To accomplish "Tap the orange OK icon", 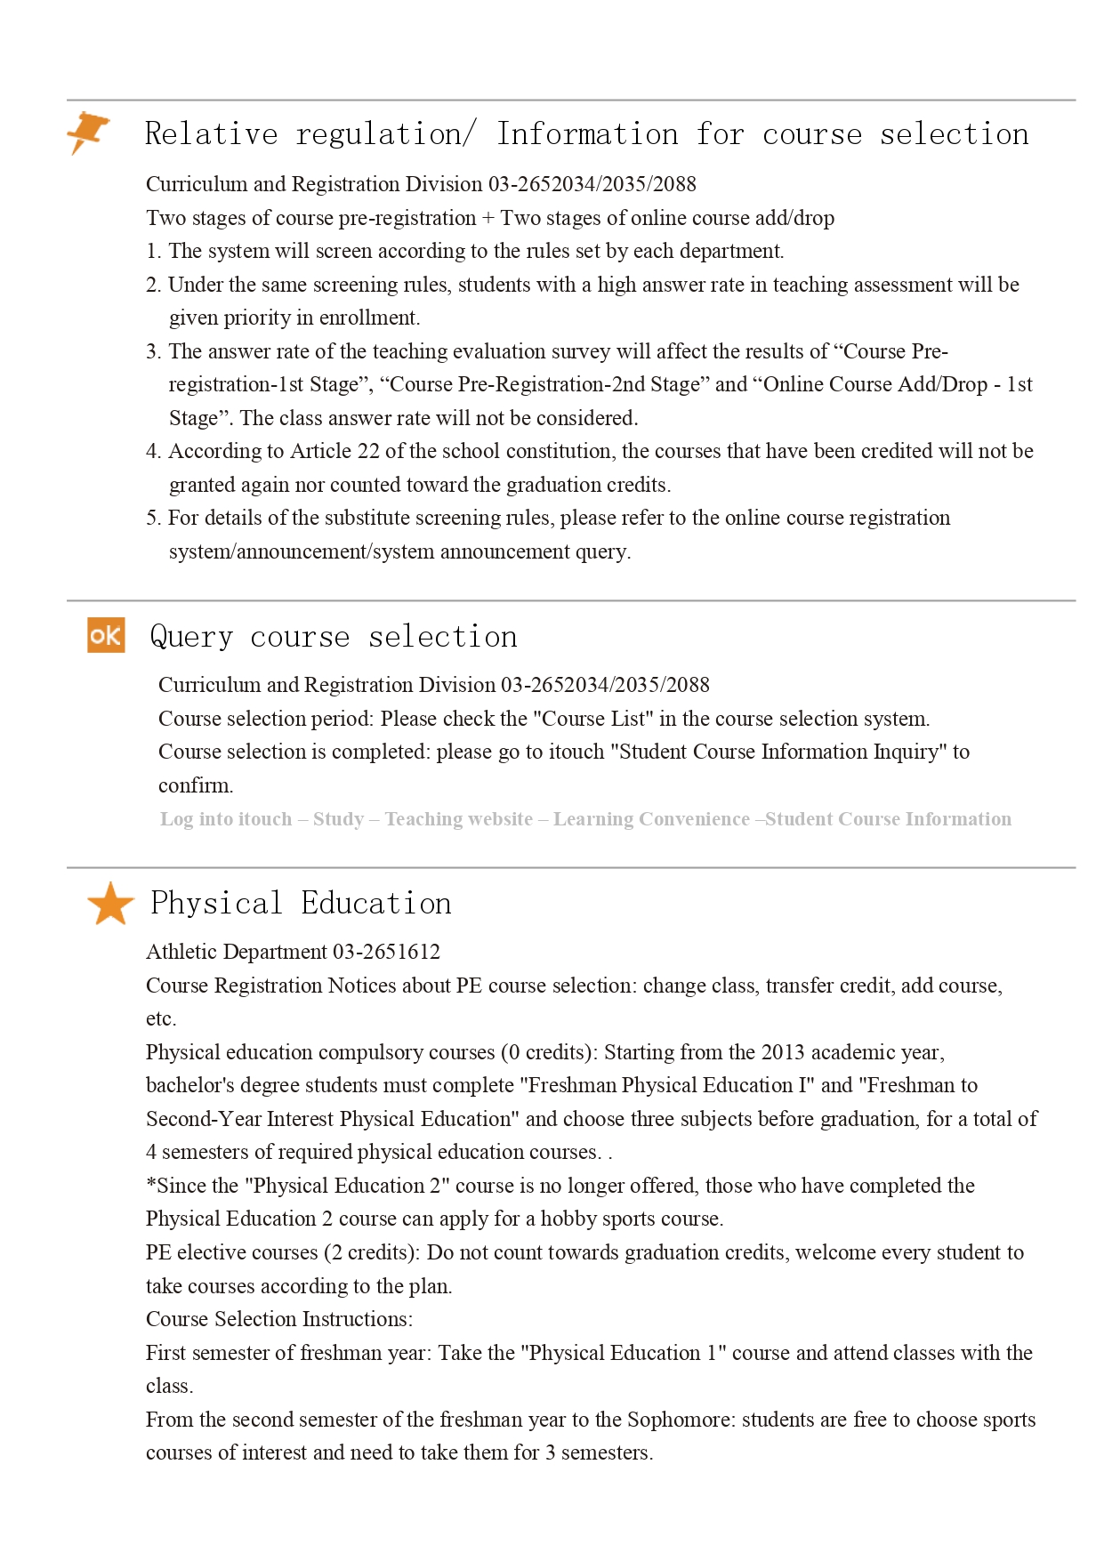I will pyautogui.click(x=106, y=635).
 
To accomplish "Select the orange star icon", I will pyautogui.click(x=110, y=904).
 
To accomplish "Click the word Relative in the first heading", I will pyautogui.click(x=212, y=134).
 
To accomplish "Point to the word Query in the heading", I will pyautogui.click(x=191, y=637).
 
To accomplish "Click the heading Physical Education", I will pyautogui.click(x=301, y=904).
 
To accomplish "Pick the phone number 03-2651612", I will pyautogui.click(x=386, y=952).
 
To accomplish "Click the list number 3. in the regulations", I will pyautogui.click(x=154, y=351).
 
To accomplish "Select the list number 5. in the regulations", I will pyautogui.click(x=154, y=518).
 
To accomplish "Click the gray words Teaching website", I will pyautogui.click(x=458, y=819).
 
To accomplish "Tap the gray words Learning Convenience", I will pyautogui.click(x=651, y=819).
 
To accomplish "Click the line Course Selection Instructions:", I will pyautogui.click(x=279, y=1319).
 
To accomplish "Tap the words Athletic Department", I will pyautogui.click(x=237, y=952).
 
